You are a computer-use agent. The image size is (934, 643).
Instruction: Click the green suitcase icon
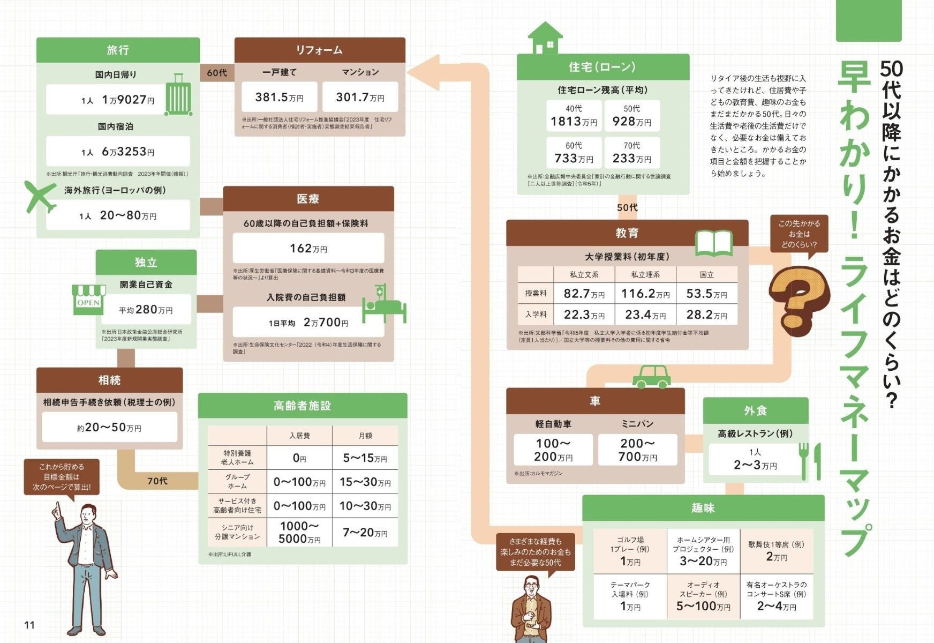[178, 95]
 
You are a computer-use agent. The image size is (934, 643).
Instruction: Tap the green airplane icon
[39, 196]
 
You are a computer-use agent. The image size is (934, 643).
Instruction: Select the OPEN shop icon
[88, 300]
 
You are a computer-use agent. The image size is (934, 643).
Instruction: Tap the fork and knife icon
[809, 460]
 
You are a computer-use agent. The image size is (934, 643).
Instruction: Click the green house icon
[545, 38]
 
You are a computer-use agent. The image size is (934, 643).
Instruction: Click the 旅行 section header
[118, 50]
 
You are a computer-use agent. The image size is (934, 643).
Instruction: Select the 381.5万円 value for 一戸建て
[279, 97]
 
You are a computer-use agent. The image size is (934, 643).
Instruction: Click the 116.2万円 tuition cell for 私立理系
[645, 294]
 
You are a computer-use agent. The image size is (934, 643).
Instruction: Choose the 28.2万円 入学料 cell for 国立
[706, 315]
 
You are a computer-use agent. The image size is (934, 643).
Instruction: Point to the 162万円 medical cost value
[308, 248]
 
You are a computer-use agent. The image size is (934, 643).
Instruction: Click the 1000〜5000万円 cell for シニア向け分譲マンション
[299, 532]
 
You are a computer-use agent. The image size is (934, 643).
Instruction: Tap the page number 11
[29, 625]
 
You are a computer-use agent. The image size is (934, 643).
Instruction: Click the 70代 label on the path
[157, 481]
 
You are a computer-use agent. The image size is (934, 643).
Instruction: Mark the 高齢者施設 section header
[302, 406]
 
